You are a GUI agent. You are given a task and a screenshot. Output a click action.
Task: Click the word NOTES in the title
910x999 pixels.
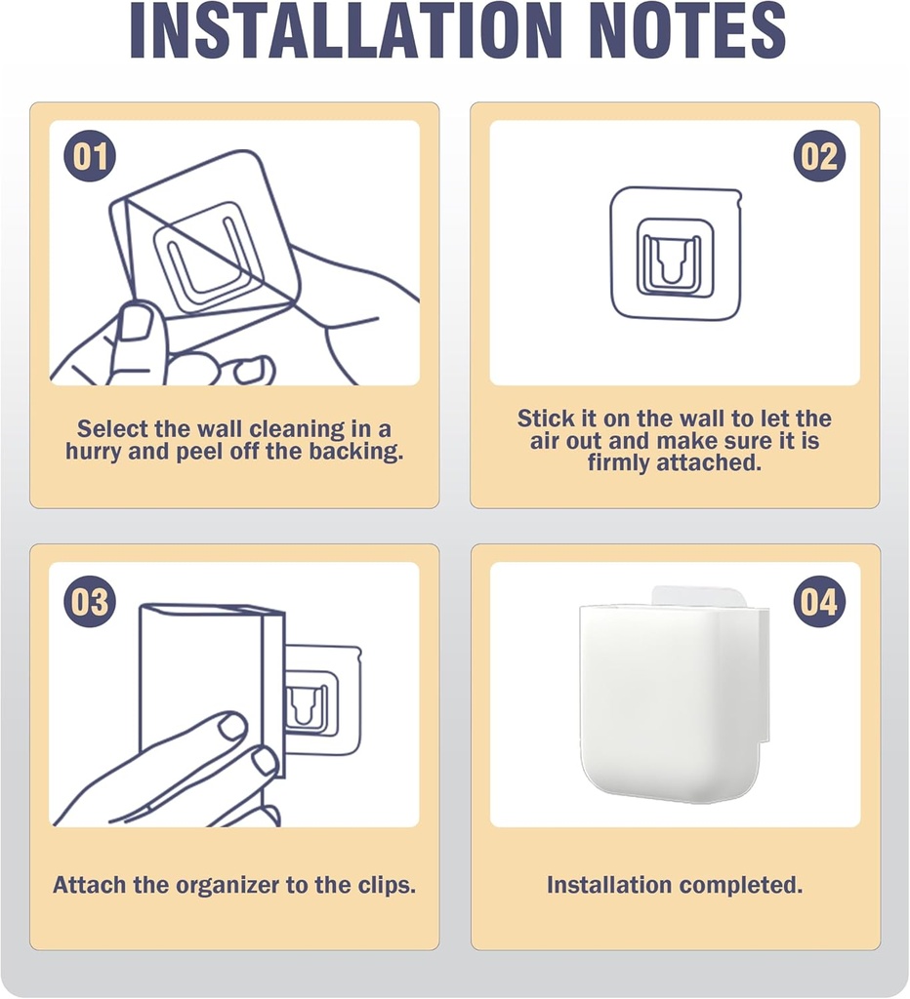point(688,30)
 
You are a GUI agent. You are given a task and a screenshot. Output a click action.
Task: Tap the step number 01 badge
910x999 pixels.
point(90,156)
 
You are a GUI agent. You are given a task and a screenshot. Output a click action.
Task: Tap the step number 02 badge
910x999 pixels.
point(819,156)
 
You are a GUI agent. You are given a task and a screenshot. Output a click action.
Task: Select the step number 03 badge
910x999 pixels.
point(90,601)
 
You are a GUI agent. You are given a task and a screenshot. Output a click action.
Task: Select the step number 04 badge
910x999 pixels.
point(819,601)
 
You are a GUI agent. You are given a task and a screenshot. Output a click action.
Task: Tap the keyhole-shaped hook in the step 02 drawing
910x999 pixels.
point(671,261)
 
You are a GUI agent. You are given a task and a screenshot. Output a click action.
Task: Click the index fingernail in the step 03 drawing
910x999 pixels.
point(231,726)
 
